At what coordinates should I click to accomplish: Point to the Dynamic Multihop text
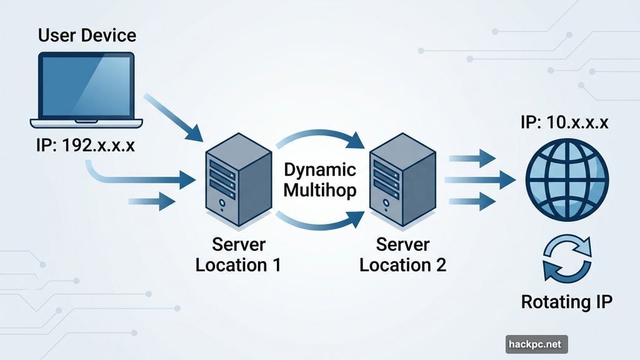click(x=319, y=180)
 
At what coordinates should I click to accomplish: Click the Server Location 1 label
click(x=238, y=254)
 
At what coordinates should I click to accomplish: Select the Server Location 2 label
click(x=402, y=254)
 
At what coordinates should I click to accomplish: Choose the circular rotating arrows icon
click(x=566, y=258)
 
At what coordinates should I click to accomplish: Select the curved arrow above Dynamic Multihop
click(x=319, y=139)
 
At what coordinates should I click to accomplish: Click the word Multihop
click(x=319, y=190)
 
